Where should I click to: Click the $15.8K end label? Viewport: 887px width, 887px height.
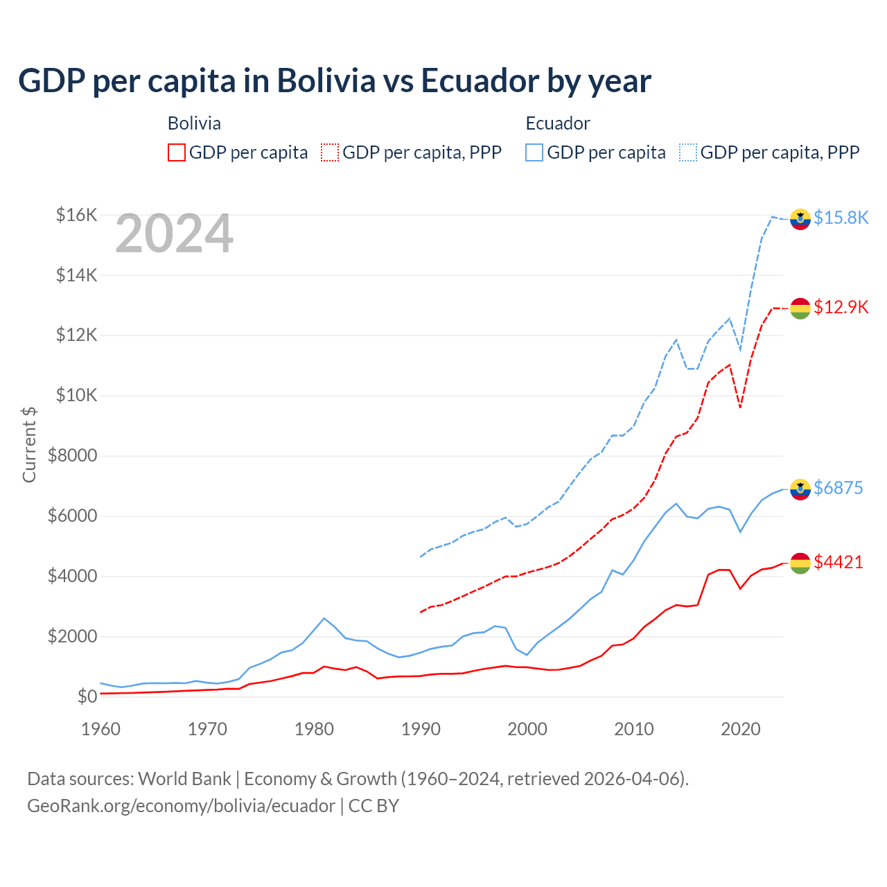(841, 218)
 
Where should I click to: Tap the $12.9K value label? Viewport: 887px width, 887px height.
(841, 307)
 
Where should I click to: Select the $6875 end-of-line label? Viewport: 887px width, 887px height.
(838, 488)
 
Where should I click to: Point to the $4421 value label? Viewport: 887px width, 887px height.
(838, 562)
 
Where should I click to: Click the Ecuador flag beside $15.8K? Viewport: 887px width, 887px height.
(800, 218)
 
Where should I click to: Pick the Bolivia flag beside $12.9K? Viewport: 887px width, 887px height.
(800, 308)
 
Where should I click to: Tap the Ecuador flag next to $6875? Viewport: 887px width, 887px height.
(800, 489)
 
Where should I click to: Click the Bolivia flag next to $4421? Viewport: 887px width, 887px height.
(800, 563)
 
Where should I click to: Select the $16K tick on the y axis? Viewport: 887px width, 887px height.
(76, 215)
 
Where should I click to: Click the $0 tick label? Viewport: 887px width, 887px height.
(87, 696)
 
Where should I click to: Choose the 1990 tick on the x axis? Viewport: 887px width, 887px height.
(421, 729)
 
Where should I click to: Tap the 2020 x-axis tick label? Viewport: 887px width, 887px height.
(741, 729)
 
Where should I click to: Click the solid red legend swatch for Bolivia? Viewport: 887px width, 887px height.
(177, 152)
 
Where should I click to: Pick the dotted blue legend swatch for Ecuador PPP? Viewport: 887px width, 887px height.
(688, 152)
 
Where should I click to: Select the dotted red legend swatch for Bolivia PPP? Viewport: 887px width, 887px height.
(330, 152)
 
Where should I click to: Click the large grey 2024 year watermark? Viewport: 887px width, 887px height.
(174, 234)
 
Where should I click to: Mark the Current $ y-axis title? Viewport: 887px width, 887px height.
(29, 444)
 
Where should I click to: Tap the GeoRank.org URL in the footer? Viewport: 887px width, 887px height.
(181, 806)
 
